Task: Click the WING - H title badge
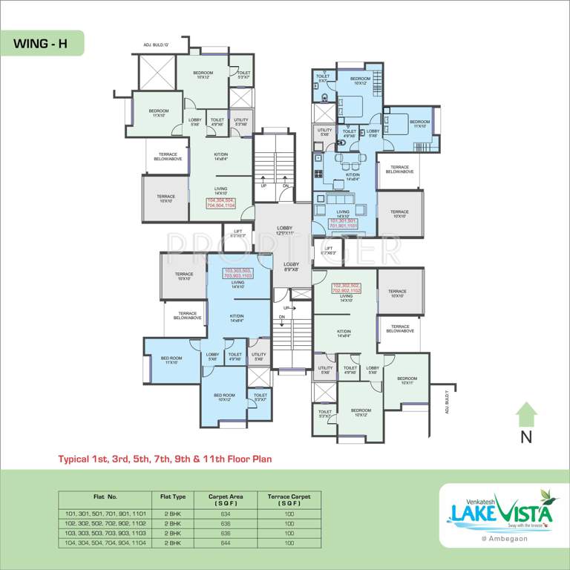click(x=42, y=43)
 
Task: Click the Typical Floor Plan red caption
click(x=165, y=459)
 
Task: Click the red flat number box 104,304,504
click(x=221, y=203)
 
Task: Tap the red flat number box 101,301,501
click(x=343, y=223)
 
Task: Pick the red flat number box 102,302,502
click(x=346, y=289)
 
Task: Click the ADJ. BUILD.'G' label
click(x=156, y=45)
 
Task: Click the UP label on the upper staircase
click(x=263, y=186)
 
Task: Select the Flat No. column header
click(x=106, y=497)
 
